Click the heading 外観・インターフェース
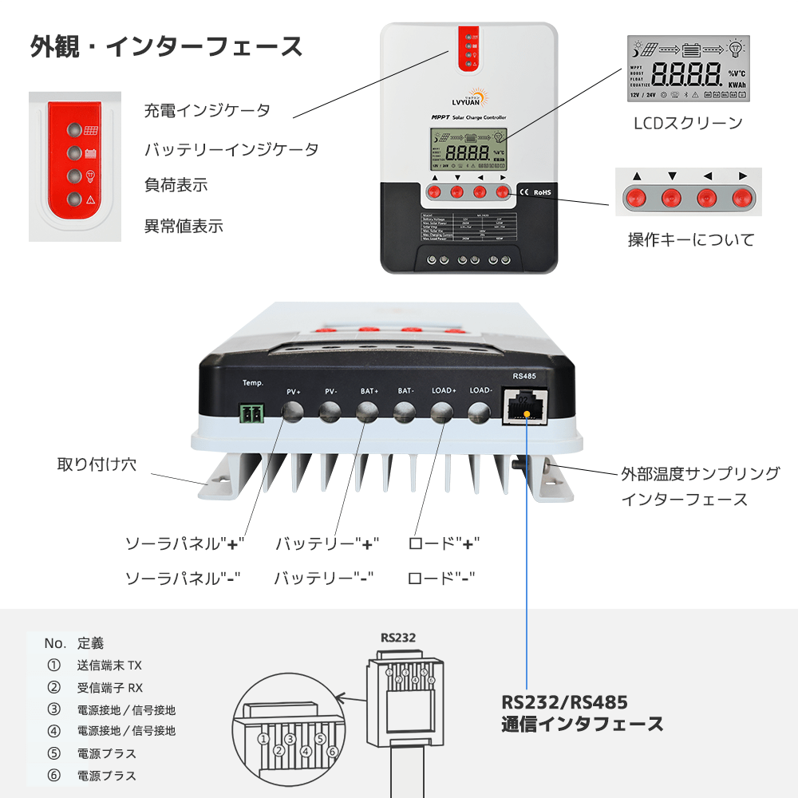pyautogui.click(x=167, y=46)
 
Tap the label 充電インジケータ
pyautogui.click(x=207, y=110)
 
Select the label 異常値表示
pyautogui.click(x=184, y=226)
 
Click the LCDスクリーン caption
pyautogui.click(x=688, y=123)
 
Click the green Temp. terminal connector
pyautogui.click(x=252, y=413)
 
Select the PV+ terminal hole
pyautogui.click(x=293, y=412)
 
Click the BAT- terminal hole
pyautogui.click(x=405, y=412)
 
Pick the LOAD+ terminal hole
pyautogui.click(x=443, y=412)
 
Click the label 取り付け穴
pyautogui.click(x=97, y=464)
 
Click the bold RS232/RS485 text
pyautogui.click(x=564, y=702)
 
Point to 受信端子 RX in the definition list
pyautogui.click(x=110, y=687)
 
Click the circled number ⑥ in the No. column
pyautogui.click(x=53, y=775)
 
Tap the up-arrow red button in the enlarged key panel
pyautogui.click(x=636, y=196)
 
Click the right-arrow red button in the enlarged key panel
pyautogui.click(x=742, y=196)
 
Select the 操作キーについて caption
pyautogui.click(x=690, y=239)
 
